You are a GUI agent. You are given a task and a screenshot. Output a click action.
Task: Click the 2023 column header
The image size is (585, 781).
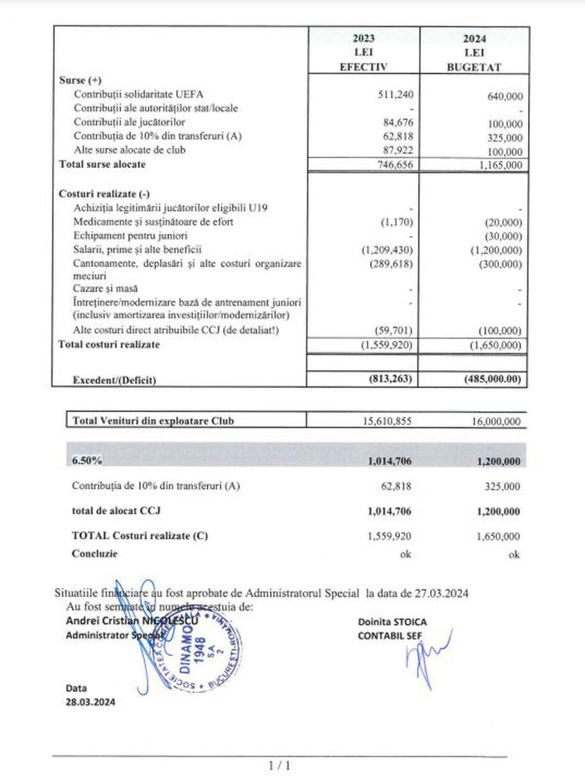pyautogui.click(x=363, y=39)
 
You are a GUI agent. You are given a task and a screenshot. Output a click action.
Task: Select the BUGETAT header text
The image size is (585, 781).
pyautogui.click(x=473, y=67)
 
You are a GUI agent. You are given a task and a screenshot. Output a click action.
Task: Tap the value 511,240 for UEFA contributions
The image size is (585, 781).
pyautogui.click(x=395, y=95)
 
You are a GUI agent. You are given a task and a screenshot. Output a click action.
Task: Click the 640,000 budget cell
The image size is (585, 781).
pyautogui.click(x=505, y=97)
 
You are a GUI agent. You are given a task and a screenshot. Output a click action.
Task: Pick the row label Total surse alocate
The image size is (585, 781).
pyautogui.click(x=102, y=164)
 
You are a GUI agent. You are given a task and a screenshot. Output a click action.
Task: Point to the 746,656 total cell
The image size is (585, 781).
pyautogui.click(x=395, y=165)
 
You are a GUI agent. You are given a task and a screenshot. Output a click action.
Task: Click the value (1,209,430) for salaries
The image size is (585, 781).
pyautogui.click(x=387, y=250)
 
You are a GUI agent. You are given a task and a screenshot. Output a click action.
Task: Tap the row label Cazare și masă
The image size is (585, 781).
pyautogui.click(x=105, y=289)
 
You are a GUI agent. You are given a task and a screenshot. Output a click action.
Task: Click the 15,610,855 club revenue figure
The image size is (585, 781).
pyautogui.click(x=387, y=421)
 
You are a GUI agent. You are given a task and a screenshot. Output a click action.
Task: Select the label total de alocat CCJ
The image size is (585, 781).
pyautogui.click(x=116, y=511)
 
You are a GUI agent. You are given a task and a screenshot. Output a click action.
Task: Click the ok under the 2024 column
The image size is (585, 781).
pyautogui.click(x=514, y=554)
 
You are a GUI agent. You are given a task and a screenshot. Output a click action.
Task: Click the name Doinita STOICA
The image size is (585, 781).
pyautogui.click(x=392, y=622)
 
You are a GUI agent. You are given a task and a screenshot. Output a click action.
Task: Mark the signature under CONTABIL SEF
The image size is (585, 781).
pyautogui.click(x=427, y=656)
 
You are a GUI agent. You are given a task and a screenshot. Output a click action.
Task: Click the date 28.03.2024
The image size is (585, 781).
pyautogui.click(x=91, y=703)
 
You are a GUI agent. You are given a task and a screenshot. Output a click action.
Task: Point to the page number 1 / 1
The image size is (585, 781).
pyautogui.click(x=279, y=766)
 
